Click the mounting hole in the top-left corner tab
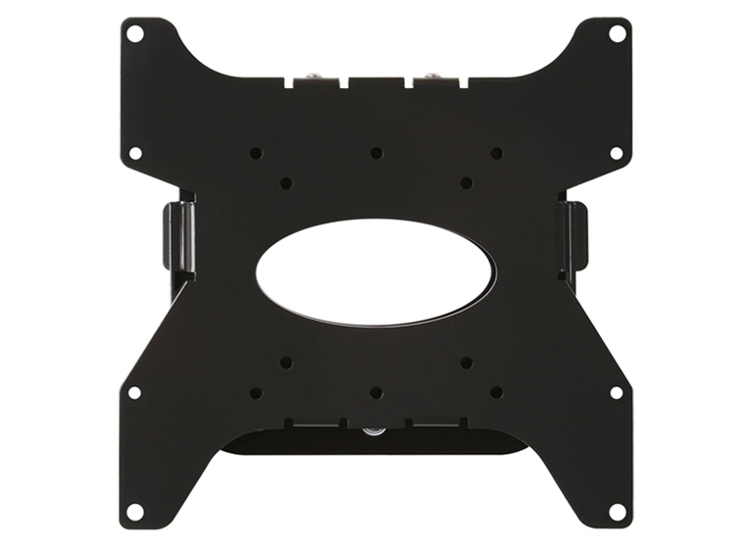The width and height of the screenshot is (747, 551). click(135, 33)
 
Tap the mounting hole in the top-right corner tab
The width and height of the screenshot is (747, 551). click(617, 33)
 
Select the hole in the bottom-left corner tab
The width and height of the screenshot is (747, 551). click(135, 511)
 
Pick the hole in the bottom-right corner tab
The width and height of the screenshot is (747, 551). click(617, 511)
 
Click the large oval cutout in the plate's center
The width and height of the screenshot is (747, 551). click(375, 273)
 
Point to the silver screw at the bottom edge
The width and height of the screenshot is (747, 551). click(373, 429)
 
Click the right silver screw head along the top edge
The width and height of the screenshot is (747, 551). click(430, 74)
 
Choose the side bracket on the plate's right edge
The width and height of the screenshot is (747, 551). click(575, 236)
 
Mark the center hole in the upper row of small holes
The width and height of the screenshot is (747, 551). click(375, 153)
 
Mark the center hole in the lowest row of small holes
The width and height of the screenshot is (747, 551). click(375, 392)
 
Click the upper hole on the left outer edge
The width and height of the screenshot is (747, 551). click(135, 153)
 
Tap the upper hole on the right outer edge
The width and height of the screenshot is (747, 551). click(617, 153)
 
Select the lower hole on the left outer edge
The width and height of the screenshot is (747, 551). click(135, 392)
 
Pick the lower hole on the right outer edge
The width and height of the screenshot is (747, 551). click(617, 392)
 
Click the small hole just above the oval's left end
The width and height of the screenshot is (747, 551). click(285, 183)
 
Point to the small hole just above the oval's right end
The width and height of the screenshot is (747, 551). click(467, 183)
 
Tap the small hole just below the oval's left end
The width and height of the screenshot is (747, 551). click(285, 362)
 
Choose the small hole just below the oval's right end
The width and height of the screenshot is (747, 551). click(467, 362)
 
